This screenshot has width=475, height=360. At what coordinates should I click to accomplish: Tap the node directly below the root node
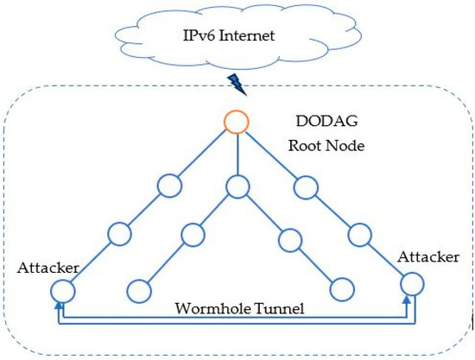click(236, 186)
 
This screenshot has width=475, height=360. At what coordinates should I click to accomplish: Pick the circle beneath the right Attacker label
click(413, 282)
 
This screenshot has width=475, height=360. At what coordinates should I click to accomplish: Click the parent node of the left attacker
click(118, 233)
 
